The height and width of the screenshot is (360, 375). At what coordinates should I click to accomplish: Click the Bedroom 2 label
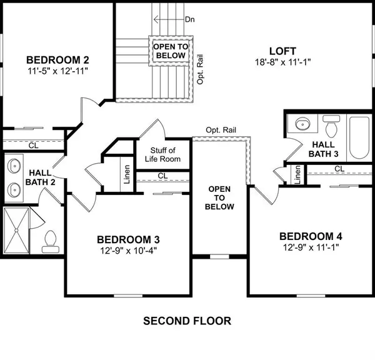pyautogui.click(x=57, y=60)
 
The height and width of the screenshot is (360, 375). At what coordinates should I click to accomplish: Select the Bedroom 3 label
pyautogui.click(x=128, y=239)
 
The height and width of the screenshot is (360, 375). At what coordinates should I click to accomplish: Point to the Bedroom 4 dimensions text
pyautogui.click(x=311, y=248)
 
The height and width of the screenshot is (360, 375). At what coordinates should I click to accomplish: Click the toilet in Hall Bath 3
pyautogui.click(x=332, y=127)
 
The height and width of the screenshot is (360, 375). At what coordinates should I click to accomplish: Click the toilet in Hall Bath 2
pyautogui.click(x=51, y=239)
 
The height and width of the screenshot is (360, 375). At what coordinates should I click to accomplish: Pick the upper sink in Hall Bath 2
pyautogui.click(x=14, y=166)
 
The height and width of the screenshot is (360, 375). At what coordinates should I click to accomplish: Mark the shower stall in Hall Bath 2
pyautogui.click(x=17, y=230)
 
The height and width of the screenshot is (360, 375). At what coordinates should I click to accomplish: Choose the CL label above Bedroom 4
pyautogui.click(x=339, y=169)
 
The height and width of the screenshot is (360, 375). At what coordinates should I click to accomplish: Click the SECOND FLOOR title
pyautogui.click(x=187, y=321)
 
